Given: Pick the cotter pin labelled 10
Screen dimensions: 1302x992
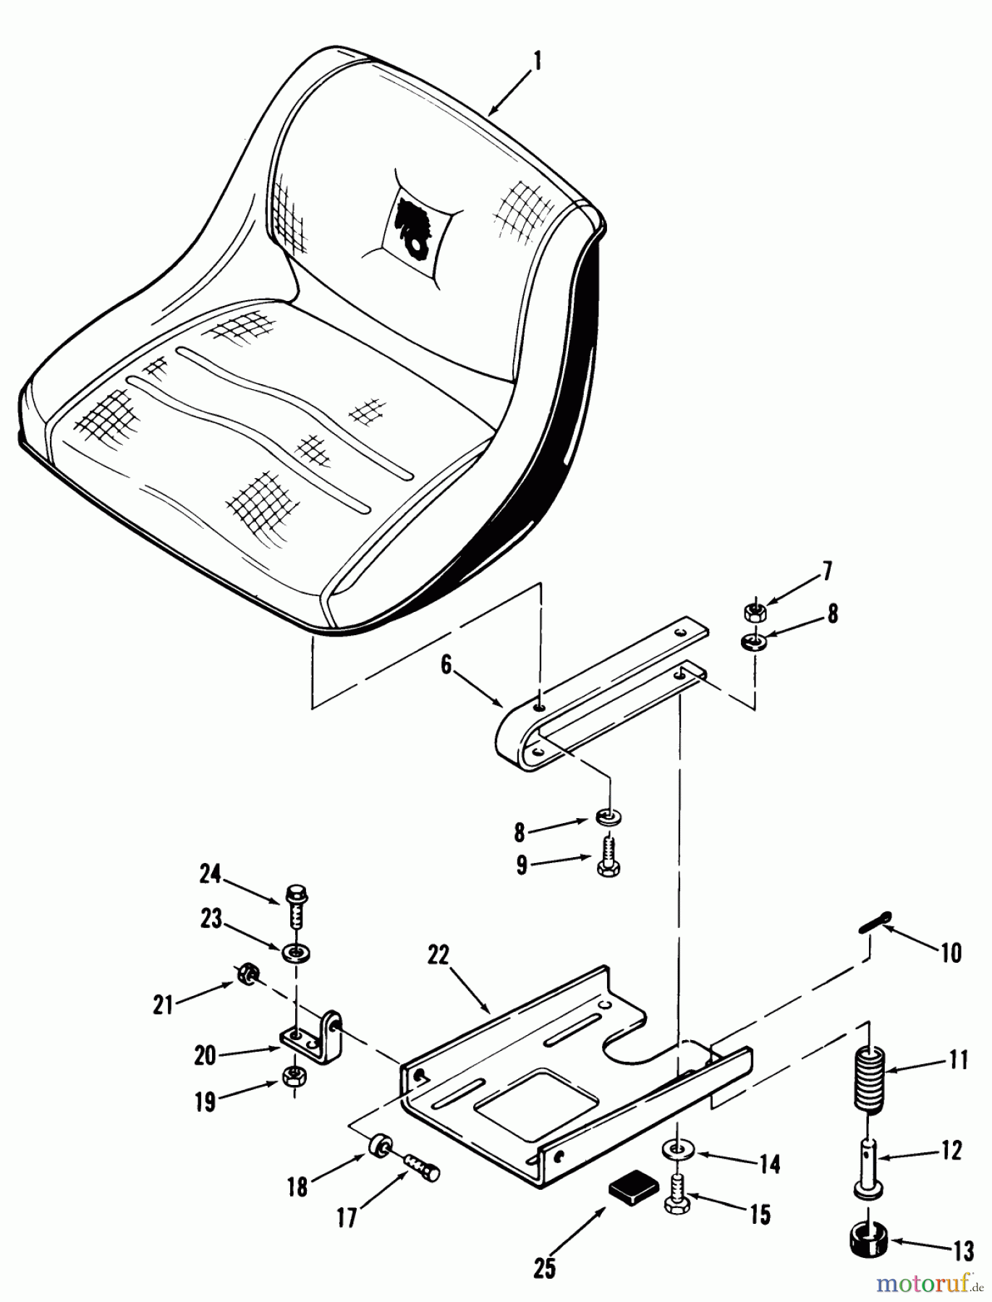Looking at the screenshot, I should point(877,922).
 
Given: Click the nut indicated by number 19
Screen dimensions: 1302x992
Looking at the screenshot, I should point(294,1076).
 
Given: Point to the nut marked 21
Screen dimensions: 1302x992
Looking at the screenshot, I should point(245,974).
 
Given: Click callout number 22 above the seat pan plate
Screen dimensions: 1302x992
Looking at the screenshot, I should point(438,956).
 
